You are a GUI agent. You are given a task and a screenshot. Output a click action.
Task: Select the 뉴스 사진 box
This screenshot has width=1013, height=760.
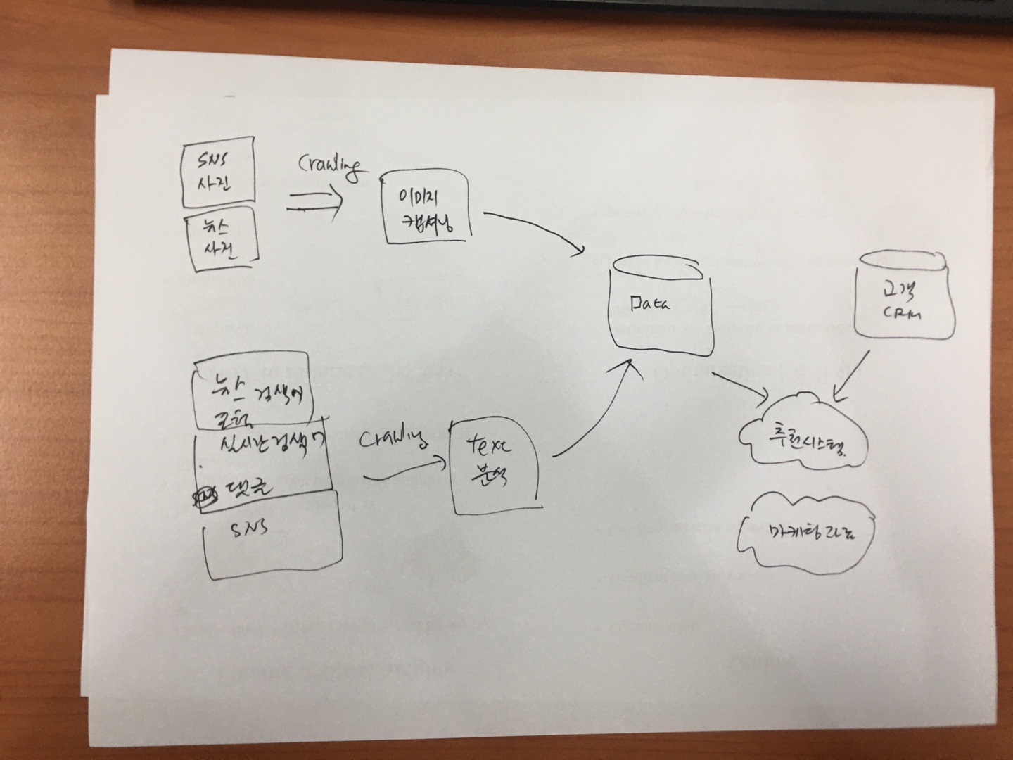click(x=221, y=240)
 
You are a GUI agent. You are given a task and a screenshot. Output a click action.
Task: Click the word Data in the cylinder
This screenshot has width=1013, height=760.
click(x=651, y=304)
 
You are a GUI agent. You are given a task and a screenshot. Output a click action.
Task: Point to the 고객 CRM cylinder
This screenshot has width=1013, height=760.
click(x=905, y=295)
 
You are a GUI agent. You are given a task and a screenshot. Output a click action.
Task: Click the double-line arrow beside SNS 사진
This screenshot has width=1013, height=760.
click(x=314, y=203)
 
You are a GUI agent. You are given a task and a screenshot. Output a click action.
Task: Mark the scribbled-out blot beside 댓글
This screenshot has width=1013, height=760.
click(x=206, y=496)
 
